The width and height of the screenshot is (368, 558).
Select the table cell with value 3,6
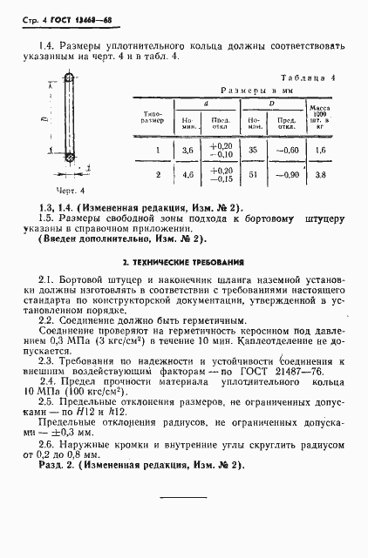tap(186, 149)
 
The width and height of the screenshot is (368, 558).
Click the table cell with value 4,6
tap(186, 174)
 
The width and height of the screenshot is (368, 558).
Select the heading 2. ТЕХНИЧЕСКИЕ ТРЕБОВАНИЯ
tap(183, 260)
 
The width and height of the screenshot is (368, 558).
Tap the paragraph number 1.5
tap(49, 219)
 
